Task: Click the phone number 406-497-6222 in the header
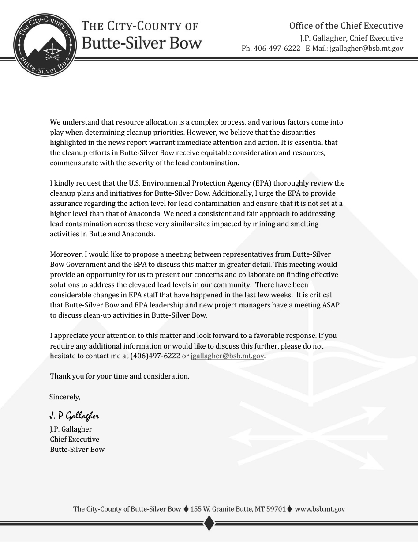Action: click(280, 49)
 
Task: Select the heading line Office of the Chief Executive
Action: click(346, 26)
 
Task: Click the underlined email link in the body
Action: click(227, 356)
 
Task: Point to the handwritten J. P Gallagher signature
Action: click(74, 416)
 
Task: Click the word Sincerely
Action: click(65, 397)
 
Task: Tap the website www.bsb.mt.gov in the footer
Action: click(320, 509)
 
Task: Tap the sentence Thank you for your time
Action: click(120, 376)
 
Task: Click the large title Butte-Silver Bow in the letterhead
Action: click(142, 43)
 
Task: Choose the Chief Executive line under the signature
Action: click(75, 439)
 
